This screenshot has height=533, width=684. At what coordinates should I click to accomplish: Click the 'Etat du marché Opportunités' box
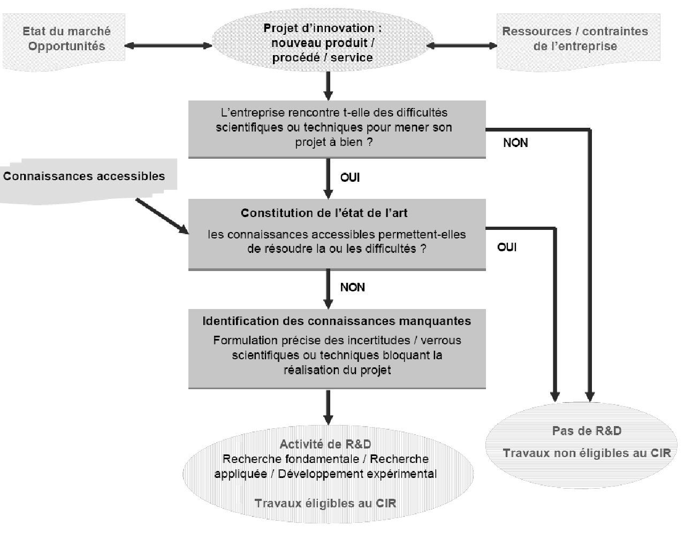(x=66, y=38)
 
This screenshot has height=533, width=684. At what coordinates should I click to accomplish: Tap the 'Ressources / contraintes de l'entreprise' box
(x=575, y=39)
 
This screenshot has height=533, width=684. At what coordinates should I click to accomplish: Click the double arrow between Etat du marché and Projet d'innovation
(x=168, y=46)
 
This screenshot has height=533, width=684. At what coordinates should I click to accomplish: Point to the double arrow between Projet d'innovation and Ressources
(x=461, y=46)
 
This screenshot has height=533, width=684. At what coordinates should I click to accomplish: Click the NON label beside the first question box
(x=515, y=143)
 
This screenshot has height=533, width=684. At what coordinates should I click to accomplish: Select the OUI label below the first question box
(x=350, y=177)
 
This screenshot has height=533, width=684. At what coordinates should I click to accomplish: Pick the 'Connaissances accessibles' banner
(x=85, y=176)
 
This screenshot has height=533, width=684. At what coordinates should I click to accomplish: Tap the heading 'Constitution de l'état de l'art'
(x=324, y=213)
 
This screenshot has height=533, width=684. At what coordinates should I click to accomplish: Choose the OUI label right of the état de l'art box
(x=507, y=247)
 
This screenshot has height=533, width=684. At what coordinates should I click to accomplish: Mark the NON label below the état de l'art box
(x=352, y=287)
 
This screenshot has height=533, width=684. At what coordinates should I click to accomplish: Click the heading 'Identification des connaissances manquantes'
(x=337, y=321)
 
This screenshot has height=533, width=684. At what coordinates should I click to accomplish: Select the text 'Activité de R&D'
(x=325, y=444)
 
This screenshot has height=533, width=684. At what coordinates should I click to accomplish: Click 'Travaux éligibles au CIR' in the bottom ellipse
(x=325, y=503)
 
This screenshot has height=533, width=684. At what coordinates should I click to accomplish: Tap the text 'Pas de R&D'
(x=587, y=431)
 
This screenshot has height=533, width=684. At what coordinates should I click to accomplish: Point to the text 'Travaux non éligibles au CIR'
(x=587, y=453)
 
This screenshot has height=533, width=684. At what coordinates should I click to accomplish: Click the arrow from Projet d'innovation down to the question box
(x=329, y=85)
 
